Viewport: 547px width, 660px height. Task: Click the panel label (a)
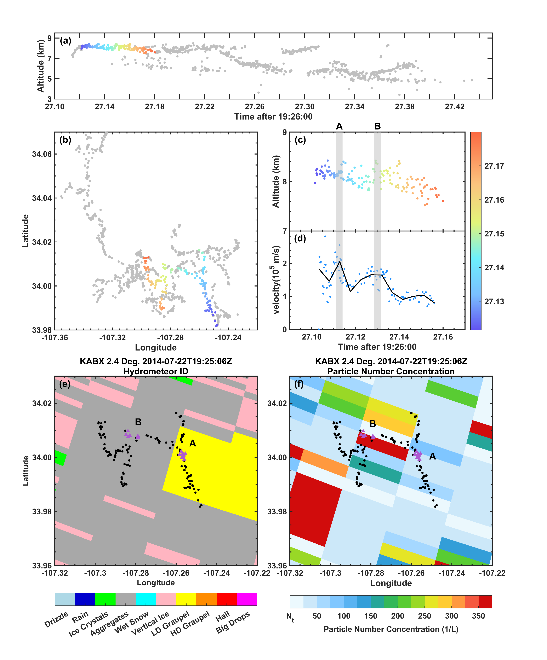click(65, 41)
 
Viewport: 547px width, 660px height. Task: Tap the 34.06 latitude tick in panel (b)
click(42, 154)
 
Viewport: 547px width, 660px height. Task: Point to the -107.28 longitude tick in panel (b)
click(170, 337)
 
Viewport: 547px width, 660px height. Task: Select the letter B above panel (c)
click(377, 126)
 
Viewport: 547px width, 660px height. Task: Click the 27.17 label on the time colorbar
click(494, 166)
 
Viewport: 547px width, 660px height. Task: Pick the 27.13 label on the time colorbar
click(494, 301)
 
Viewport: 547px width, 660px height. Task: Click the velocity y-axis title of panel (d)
click(276, 280)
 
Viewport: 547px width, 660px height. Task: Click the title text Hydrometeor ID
click(156, 371)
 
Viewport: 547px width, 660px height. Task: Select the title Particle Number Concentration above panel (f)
click(391, 371)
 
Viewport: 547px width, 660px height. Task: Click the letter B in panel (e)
click(138, 422)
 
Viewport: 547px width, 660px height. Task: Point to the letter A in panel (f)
click(433, 456)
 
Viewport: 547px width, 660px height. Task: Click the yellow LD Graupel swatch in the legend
click(186, 599)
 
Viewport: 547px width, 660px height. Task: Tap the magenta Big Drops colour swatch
click(247, 599)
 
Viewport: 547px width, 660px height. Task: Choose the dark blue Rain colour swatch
click(85, 599)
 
